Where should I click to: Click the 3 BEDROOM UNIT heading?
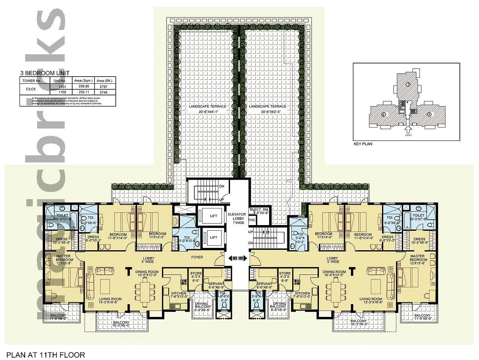[45, 73]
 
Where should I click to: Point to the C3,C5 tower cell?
[31, 89]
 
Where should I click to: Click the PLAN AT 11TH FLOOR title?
[45, 354]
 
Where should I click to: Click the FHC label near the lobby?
[252, 220]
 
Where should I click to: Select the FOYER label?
[197, 257]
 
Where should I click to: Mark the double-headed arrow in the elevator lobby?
[237, 259]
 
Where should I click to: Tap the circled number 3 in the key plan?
[408, 85]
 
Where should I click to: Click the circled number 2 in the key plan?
[384, 115]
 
